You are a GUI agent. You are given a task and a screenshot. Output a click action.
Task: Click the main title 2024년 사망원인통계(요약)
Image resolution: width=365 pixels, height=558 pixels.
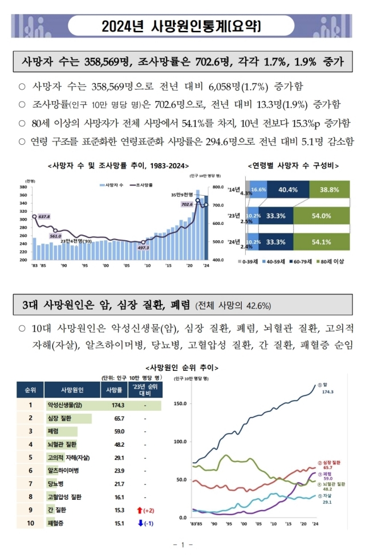tap(182, 26)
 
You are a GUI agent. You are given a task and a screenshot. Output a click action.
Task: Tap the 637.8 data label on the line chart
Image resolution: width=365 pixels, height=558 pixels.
tap(44, 217)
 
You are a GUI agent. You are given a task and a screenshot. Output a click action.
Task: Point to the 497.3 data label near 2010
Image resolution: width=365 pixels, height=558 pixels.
tap(143, 248)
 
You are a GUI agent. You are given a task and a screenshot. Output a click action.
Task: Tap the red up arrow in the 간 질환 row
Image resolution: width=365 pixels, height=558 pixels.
tap(140, 510)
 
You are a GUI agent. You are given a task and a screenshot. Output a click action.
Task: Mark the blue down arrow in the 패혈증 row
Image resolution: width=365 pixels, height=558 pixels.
tap(140, 523)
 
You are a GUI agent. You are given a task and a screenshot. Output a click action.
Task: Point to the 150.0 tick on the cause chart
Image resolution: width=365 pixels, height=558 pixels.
tap(180, 403)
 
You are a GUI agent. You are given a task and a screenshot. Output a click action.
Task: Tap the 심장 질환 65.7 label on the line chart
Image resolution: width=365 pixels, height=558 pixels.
tap(331, 464)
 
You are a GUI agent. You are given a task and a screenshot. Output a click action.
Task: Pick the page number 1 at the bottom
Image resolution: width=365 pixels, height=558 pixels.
tap(182, 545)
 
